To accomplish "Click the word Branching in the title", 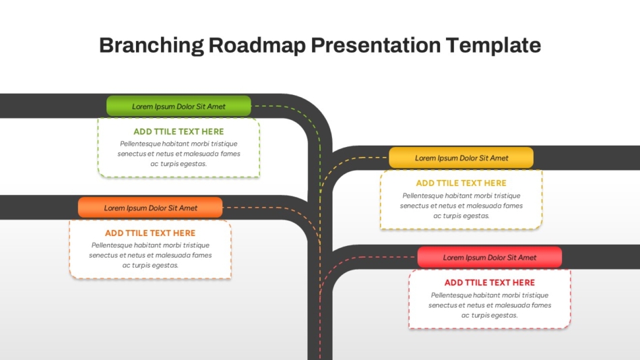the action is [152, 45].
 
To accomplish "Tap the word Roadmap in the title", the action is [257, 45].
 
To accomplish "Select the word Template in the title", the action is [493, 45].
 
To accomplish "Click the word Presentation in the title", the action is [375, 45].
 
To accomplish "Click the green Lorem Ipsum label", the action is [179, 107].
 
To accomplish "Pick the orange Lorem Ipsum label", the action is [150, 208].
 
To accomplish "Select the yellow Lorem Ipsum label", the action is [461, 158].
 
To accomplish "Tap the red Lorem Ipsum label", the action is [490, 258].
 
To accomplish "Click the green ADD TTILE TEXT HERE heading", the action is [179, 131].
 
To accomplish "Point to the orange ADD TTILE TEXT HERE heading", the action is [150, 233].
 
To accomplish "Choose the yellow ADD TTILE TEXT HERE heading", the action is [461, 183].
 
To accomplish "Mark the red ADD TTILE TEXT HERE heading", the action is [490, 282].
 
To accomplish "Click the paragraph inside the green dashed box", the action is [179, 154].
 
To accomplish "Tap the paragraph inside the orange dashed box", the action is [150, 255].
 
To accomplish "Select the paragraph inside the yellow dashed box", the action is [461, 206].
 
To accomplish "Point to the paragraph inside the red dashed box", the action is [490, 305].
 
